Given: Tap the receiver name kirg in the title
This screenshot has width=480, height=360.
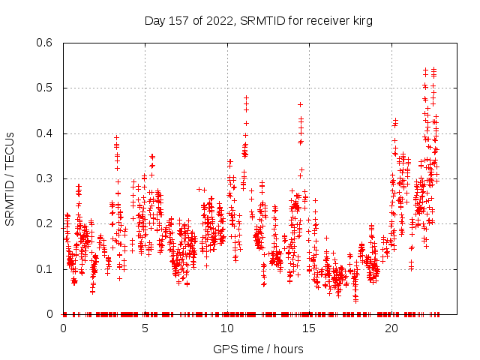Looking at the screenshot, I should [361, 20].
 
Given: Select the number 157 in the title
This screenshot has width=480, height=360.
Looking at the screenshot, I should [178, 20].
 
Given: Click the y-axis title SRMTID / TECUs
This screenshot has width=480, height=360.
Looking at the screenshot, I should [10, 178].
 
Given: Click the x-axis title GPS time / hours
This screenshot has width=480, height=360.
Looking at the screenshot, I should [258, 349].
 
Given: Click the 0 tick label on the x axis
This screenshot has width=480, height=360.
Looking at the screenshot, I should [63, 328].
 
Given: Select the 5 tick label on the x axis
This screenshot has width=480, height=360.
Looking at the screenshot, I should [145, 328].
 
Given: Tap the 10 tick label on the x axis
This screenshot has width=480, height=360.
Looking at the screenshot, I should [226, 328].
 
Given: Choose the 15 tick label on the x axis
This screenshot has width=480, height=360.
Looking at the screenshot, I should [309, 328].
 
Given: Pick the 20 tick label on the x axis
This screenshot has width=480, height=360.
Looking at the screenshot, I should [391, 328].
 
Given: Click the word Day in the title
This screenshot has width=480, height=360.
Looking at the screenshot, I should [154, 20].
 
